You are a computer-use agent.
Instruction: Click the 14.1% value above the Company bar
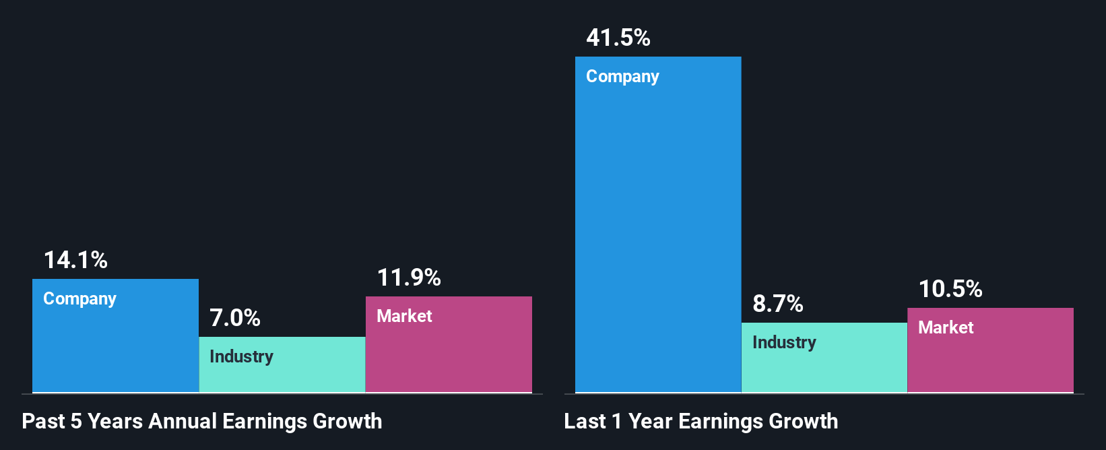click(75, 260)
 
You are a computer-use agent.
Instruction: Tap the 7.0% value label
click(235, 318)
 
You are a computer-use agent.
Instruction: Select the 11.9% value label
click(409, 278)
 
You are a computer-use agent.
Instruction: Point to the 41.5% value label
click(618, 38)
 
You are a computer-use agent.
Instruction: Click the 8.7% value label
click(778, 304)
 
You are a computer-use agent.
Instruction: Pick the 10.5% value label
click(950, 289)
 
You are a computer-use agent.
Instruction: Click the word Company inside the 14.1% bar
click(79, 298)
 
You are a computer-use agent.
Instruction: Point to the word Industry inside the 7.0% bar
click(241, 356)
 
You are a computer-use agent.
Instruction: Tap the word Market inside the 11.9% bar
click(404, 316)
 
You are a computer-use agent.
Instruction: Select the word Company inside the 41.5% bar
click(622, 76)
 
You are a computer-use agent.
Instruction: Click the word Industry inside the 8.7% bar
click(784, 342)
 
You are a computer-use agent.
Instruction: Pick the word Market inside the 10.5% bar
click(946, 327)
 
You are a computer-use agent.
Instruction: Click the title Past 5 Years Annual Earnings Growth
click(202, 421)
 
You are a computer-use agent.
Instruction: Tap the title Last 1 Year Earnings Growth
click(701, 421)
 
